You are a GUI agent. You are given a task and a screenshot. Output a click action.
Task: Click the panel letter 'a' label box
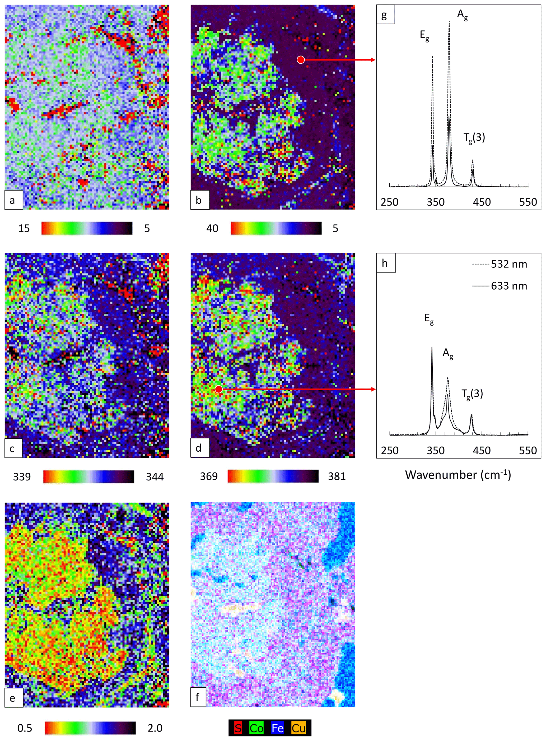[13, 200]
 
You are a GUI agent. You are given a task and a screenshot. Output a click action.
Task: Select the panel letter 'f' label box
[198, 697]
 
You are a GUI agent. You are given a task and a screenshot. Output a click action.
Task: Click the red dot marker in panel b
[300, 59]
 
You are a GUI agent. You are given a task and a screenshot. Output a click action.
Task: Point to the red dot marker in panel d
[218, 389]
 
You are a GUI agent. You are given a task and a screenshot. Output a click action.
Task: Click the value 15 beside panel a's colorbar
[24, 228]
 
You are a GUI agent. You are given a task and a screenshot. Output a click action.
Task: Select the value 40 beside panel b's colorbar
[212, 228]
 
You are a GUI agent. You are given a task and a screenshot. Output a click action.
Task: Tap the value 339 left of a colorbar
[22, 476]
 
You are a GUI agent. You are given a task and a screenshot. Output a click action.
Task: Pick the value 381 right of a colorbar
[337, 476]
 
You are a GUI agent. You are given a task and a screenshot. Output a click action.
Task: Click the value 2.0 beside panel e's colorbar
[155, 728]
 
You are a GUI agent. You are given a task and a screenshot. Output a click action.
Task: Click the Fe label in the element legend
[278, 728]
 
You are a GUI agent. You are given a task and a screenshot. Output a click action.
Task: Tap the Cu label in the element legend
[298, 728]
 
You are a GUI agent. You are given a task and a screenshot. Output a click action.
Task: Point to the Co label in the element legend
[256, 728]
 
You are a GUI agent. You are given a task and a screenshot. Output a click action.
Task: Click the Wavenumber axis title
[458, 475]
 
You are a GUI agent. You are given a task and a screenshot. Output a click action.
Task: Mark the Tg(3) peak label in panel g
[474, 138]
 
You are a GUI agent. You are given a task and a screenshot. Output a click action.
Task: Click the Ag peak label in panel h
[448, 354]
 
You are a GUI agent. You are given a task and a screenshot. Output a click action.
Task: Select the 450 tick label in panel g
[482, 202]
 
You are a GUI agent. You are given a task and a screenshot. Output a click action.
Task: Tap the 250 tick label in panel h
[390, 450]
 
